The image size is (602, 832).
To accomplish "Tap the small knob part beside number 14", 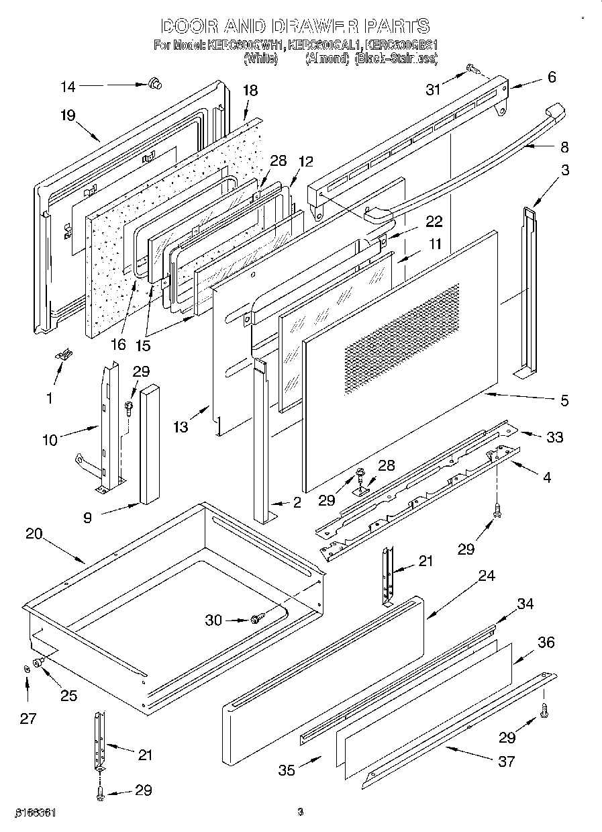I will [x=156, y=83].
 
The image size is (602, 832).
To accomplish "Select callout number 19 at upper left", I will [x=67, y=115].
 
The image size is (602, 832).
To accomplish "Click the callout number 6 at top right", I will [x=552, y=77].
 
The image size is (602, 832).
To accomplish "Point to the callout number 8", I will [x=564, y=146].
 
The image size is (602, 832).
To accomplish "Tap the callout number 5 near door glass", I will [x=564, y=401].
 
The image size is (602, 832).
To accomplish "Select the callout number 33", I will [x=554, y=437].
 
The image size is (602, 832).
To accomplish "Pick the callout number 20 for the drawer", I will [x=34, y=535].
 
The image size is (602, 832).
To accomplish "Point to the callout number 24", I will [x=487, y=575].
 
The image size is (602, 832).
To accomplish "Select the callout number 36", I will [x=546, y=643].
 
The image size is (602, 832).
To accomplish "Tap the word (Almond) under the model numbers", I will [x=328, y=58].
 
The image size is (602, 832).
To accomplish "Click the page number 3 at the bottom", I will [x=301, y=813].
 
